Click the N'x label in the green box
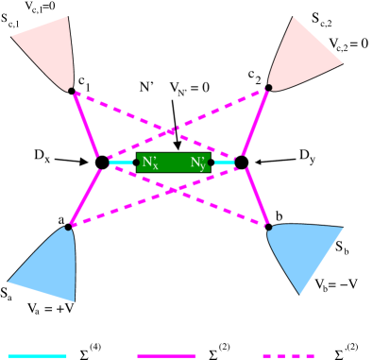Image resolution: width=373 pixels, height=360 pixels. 150,163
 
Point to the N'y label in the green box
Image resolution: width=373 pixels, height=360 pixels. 197,163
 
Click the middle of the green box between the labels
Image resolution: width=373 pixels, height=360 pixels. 174,163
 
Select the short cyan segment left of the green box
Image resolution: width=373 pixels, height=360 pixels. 121,163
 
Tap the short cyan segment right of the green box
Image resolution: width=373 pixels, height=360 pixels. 225,163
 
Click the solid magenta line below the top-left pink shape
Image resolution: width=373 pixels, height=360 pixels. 86,126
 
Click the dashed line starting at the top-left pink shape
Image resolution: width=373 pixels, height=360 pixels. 123,112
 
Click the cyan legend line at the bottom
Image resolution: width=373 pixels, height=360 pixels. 37,355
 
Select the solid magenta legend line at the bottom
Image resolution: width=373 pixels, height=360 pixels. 166,355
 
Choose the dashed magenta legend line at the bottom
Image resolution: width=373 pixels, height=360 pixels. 288,355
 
